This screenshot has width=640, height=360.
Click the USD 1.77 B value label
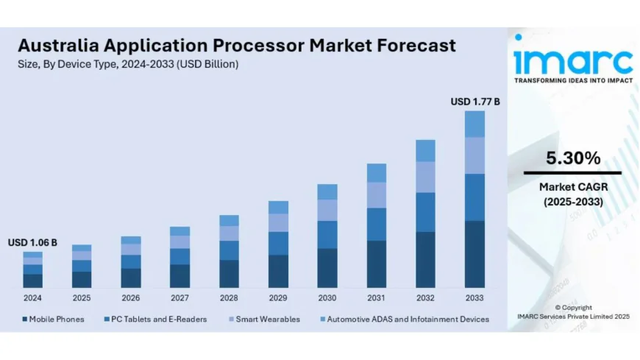[x=474, y=102]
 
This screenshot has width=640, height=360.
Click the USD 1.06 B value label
[x=32, y=242]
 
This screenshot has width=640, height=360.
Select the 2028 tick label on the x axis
[x=229, y=298]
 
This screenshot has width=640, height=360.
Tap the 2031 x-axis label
[x=376, y=298]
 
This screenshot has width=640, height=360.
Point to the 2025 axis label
[x=82, y=298]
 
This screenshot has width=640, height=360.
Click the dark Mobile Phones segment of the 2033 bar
[x=474, y=254]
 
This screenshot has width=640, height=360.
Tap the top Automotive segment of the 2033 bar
[x=474, y=124]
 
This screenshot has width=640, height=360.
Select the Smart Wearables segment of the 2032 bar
[x=425, y=177]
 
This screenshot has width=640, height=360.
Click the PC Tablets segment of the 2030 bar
[x=327, y=234]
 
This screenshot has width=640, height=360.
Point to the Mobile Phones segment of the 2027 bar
[x=179, y=275]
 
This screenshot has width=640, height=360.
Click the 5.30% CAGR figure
[x=572, y=158]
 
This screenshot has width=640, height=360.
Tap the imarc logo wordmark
[x=572, y=60]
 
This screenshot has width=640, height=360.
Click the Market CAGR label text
[x=572, y=187]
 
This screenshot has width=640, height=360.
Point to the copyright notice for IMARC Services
[x=572, y=311]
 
